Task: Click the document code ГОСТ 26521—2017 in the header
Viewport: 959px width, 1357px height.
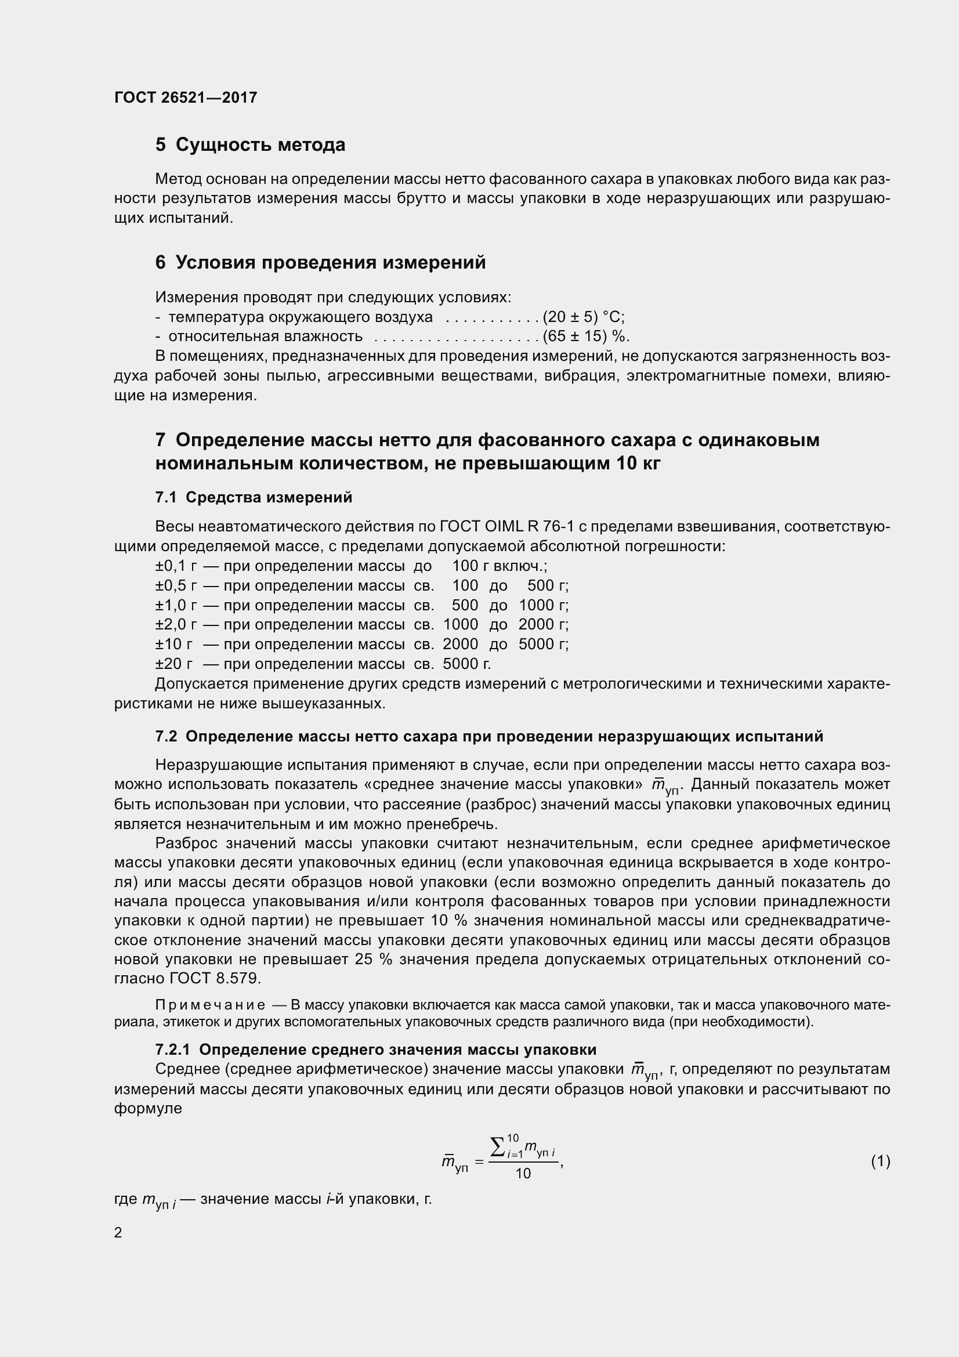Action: click(186, 97)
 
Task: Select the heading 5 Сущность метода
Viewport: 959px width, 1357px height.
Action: click(250, 145)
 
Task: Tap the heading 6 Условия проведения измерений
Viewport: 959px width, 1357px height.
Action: click(320, 262)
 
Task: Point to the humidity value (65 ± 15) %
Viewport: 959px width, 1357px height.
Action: click(586, 337)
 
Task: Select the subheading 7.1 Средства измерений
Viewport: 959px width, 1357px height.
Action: click(254, 498)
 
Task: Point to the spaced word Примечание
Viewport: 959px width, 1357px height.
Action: click(211, 1005)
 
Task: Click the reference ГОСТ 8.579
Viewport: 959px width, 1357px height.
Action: click(215, 979)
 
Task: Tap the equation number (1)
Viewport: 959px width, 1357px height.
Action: click(880, 1162)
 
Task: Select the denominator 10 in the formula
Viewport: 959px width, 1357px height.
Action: click(523, 1174)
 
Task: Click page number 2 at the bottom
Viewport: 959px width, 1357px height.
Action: click(118, 1233)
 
